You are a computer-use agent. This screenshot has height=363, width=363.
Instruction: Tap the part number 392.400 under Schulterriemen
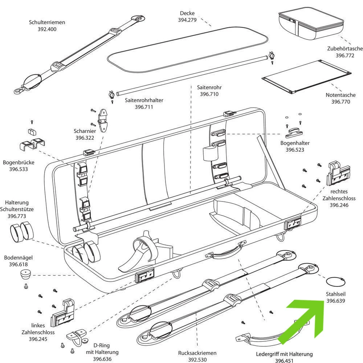click(47, 29)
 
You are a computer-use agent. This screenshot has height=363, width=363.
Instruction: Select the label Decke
click(187, 13)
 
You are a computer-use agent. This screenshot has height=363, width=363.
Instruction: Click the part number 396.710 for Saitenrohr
click(209, 94)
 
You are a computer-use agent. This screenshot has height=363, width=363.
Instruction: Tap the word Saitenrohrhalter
click(144, 100)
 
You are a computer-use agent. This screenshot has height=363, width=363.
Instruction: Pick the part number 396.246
click(339, 205)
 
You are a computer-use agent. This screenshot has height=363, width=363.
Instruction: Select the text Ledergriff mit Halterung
click(284, 354)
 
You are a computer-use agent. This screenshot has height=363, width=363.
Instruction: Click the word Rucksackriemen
click(197, 353)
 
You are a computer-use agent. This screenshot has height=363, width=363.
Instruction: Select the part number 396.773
click(17, 216)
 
